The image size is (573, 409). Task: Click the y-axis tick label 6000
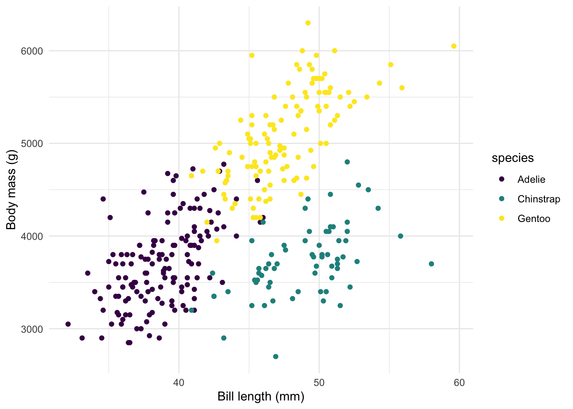(32, 51)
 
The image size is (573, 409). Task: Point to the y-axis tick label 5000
(32, 144)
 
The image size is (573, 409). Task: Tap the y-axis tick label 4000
(32, 236)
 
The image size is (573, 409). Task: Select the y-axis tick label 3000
(32, 329)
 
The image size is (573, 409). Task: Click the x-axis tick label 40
(179, 383)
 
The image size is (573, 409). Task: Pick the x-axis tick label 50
(319, 383)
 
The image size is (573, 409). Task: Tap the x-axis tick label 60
(459, 383)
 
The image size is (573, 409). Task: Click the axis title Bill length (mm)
(261, 397)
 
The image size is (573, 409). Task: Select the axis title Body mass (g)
(12, 190)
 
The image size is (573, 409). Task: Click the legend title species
(512, 158)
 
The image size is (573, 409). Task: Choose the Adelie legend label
(531, 179)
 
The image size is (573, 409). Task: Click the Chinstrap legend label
(538, 199)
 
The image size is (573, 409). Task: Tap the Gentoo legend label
(534, 219)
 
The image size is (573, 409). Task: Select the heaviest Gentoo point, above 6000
(308, 23)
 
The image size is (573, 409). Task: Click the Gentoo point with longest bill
(454, 46)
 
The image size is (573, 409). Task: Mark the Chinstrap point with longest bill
(431, 264)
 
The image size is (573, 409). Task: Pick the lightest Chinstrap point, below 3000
(275, 357)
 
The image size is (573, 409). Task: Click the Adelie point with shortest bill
(68, 324)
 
